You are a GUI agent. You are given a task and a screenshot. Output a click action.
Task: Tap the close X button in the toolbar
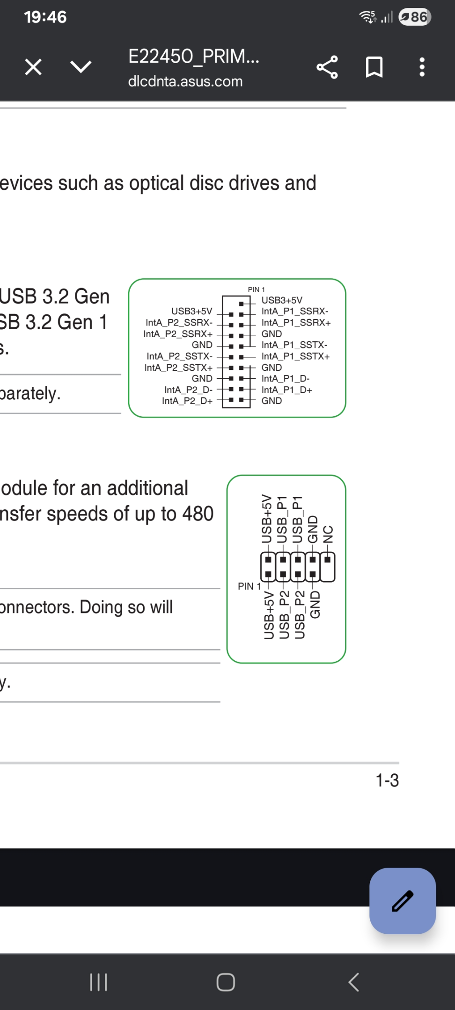33,67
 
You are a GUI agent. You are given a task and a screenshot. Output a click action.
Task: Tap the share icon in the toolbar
327,67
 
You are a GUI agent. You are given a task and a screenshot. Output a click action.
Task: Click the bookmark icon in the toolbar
374,67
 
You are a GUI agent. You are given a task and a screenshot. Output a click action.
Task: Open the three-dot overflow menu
422,67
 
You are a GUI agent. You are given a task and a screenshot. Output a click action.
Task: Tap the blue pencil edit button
403,901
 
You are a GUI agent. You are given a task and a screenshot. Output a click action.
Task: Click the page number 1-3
387,780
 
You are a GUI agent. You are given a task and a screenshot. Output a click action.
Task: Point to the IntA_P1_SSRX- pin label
295,311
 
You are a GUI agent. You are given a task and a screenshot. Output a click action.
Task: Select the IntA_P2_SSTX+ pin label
178,368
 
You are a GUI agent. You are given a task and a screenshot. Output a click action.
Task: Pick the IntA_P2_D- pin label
188,390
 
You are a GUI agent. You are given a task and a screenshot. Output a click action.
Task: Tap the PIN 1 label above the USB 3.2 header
256,289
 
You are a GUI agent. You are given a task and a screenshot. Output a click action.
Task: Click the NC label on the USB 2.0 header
328,534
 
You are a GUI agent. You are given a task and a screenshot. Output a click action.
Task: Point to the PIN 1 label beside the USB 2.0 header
249,586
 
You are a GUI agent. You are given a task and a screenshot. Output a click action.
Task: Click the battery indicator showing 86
415,17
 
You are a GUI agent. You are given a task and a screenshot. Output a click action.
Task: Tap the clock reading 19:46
45,17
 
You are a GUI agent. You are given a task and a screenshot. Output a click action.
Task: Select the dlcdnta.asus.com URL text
185,81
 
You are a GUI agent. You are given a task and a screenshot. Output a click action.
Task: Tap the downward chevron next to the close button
81,67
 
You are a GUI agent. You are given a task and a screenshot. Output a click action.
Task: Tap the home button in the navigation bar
226,982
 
